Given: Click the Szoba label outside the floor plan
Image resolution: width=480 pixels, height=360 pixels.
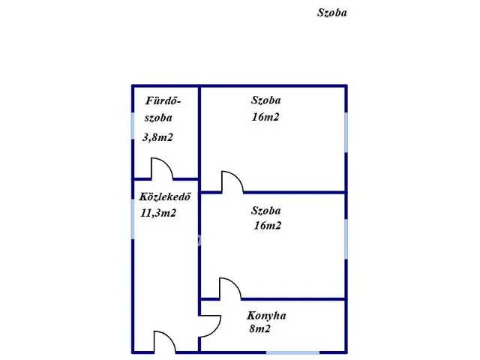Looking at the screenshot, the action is pyautogui.click(x=331, y=13).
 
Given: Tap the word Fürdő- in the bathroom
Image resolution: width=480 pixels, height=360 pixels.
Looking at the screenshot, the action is pyautogui.click(x=163, y=100).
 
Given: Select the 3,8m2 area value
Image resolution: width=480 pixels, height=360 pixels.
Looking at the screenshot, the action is pyautogui.click(x=157, y=137).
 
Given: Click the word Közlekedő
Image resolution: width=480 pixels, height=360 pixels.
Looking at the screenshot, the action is pyautogui.click(x=165, y=196).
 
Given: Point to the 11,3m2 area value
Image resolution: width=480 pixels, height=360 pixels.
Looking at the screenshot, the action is pyautogui.click(x=158, y=213).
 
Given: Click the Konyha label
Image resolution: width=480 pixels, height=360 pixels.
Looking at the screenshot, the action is pyautogui.click(x=266, y=316).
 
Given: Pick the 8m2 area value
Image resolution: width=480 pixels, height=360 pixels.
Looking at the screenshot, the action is pyautogui.click(x=260, y=328).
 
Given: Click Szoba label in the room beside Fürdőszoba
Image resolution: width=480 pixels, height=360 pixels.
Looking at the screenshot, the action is pyautogui.click(x=265, y=100).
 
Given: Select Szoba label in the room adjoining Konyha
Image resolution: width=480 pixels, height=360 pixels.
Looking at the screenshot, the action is pyautogui.click(x=265, y=210).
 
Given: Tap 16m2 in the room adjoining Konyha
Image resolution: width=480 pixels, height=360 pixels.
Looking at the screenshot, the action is pyautogui.click(x=267, y=226).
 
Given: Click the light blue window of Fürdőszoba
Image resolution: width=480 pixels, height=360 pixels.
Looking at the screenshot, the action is pyautogui.click(x=133, y=126).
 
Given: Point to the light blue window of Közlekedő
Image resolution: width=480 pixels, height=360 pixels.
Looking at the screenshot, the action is pyautogui.click(x=133, y=219).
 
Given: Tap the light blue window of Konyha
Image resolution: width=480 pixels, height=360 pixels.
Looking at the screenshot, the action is pyautogui.click(x=292, y=352).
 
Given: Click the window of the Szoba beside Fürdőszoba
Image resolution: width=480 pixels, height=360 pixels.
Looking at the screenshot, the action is pyautogui.click(x=346, y=132).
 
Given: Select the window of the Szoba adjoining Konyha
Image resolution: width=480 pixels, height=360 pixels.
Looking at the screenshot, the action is pyautogui.click(x=346, y=239).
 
